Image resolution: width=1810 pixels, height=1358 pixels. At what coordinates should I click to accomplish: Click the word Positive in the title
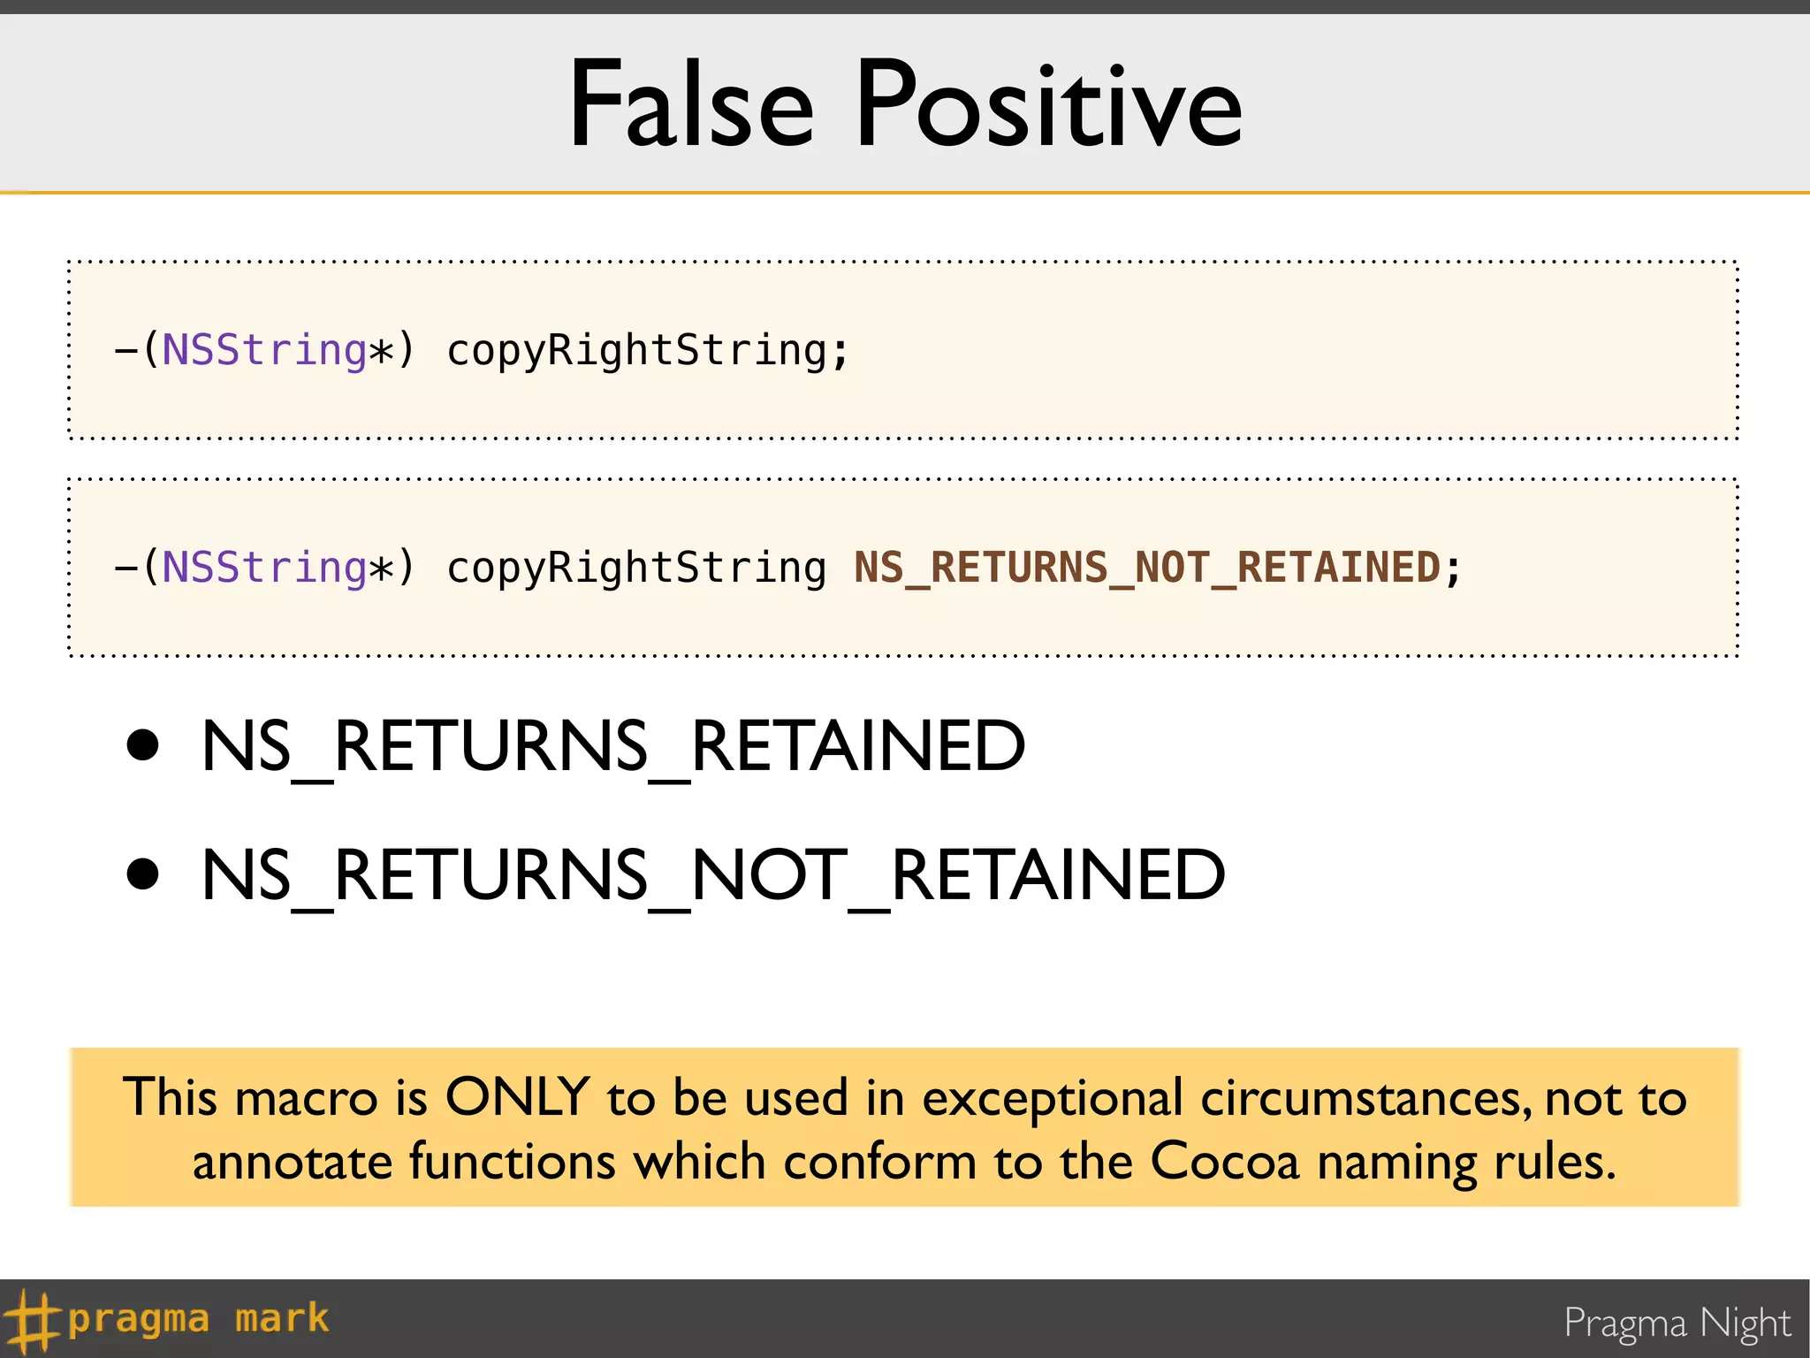(1049, 105)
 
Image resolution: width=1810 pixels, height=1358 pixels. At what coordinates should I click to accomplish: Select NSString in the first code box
(264, 350)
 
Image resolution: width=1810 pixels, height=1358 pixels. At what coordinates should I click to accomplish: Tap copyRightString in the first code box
(636, 350)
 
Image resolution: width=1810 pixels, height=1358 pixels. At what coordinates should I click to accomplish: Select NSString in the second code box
(264, 568)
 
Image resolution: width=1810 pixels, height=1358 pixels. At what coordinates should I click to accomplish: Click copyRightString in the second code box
(636, 568)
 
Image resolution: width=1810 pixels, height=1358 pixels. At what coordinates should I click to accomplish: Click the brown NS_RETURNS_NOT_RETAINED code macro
(1147, 568)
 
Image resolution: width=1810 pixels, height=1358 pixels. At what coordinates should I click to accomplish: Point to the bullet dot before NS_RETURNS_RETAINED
(142, 745)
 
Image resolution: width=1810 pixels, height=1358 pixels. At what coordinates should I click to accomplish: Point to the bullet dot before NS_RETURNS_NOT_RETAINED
(142, 874)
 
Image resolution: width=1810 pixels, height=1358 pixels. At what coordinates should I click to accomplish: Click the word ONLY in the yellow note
(517, 1097)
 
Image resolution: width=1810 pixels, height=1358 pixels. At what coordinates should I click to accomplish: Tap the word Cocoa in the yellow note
(1225, 1161)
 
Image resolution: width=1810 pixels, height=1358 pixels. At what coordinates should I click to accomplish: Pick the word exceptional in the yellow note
(1052, 1099)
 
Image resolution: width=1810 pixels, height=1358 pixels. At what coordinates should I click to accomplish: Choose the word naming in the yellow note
(1396, 1163)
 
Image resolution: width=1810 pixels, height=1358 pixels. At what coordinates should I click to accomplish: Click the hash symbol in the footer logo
(32, 1321)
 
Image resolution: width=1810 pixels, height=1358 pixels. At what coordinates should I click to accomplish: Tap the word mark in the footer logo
(282, 1319)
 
